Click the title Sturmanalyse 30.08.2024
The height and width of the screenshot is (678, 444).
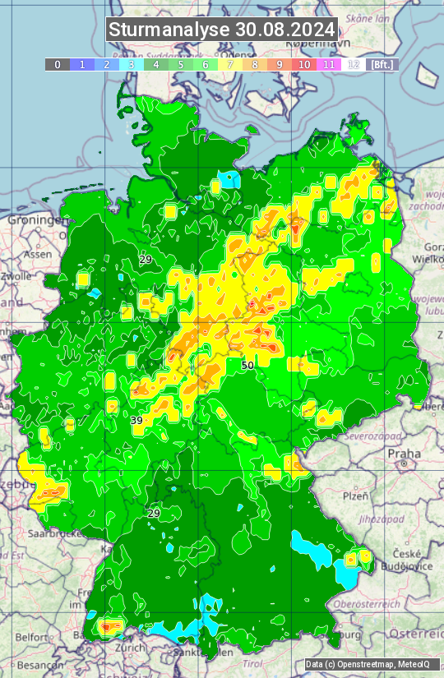[222, 30]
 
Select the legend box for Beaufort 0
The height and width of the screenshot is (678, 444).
[58, 64]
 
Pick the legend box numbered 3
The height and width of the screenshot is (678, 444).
[132, 64]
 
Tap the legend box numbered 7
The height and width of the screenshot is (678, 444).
[230, 64]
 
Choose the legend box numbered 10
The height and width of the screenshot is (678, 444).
[304, 64]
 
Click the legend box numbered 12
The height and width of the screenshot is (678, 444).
[354, 64]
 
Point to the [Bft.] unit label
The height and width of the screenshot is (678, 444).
[382, 64]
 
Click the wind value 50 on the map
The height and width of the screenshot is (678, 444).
[247, 365]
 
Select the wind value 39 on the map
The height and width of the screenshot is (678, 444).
[136, 420]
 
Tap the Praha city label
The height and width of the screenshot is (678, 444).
[405, 454]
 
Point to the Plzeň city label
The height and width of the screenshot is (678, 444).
[355, 496]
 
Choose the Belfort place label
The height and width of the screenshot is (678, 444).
[32, 636]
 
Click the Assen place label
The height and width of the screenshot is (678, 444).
[36, 255]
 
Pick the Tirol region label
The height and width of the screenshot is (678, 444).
[252, 663]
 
